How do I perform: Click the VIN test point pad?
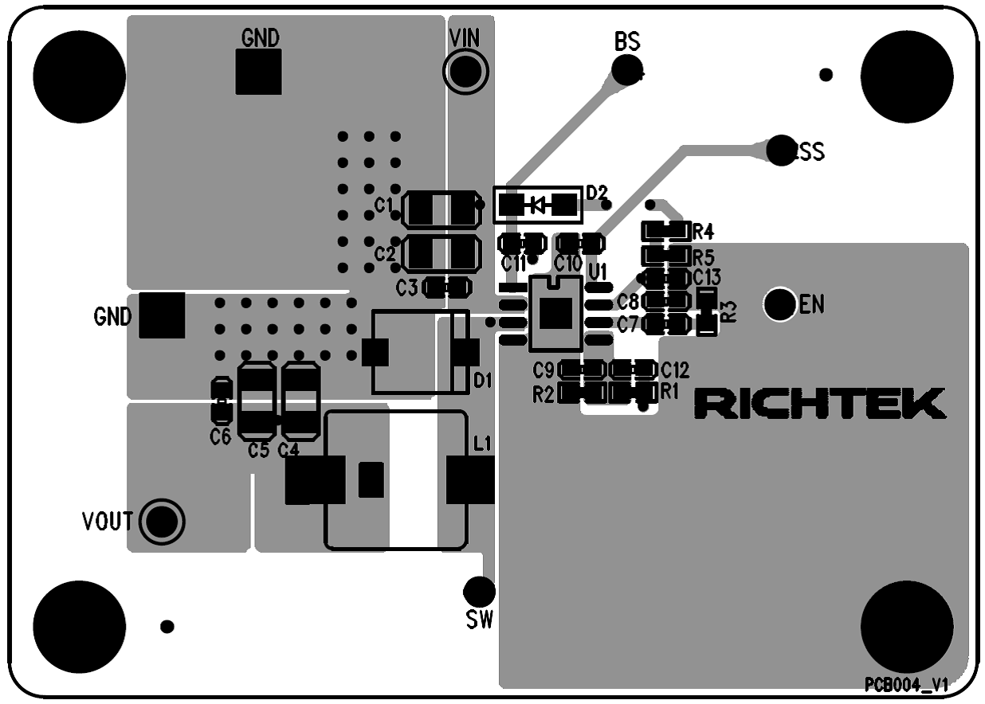(465, 72)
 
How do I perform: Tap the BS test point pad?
(627, 70)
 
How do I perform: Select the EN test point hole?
(780, 303)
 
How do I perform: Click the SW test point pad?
(479, 591)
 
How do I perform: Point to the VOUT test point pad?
(163, 521)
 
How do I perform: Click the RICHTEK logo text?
(820, 404)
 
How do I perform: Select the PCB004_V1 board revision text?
(907, 685)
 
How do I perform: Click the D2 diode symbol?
(538, 205)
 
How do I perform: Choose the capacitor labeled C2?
(441, 254)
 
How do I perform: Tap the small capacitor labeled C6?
(221, 401)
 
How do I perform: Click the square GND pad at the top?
(259, 72)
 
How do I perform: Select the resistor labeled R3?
(706, 311)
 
